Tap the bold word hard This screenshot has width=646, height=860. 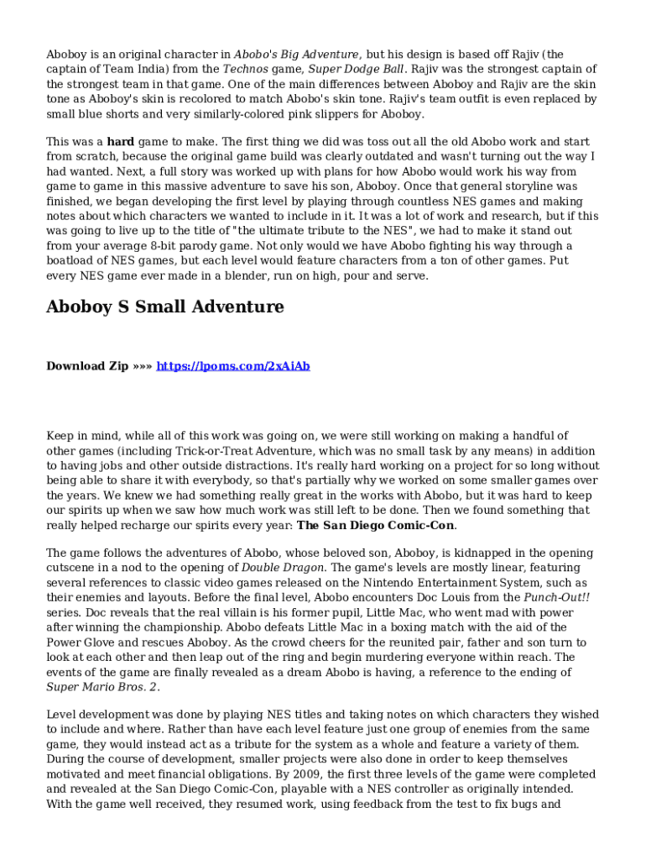(x=121, y=142)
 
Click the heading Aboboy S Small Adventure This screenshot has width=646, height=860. (x=164, y=307)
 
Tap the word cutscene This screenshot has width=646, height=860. (x=72, y=567)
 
